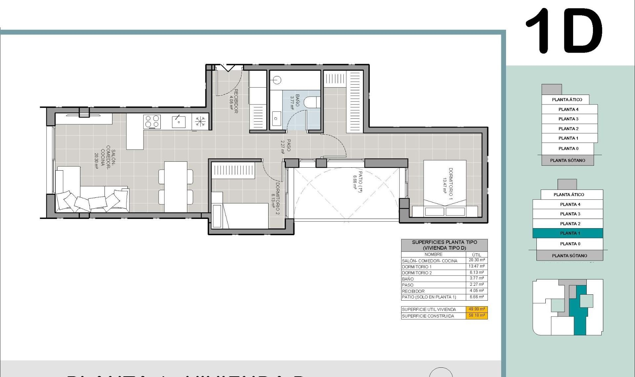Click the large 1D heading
click(x=564, y=31)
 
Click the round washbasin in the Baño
click(x=277, y=80)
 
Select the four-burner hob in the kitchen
click(x=152, y=121)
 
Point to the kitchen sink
click(x=179, y=122)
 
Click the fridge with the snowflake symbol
click(x=200, y=121)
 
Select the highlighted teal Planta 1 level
click(x=568, y=233)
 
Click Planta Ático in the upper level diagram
click(x=567, y=100)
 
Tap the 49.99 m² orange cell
click(x=477, y=309)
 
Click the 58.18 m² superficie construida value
click(x=477, y=315)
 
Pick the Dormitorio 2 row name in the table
click(x=417, y=273)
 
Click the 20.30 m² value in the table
click(x=477, y=260)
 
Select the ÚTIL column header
click(x=477, y=255)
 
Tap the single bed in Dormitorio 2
click(x=245, y=216)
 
